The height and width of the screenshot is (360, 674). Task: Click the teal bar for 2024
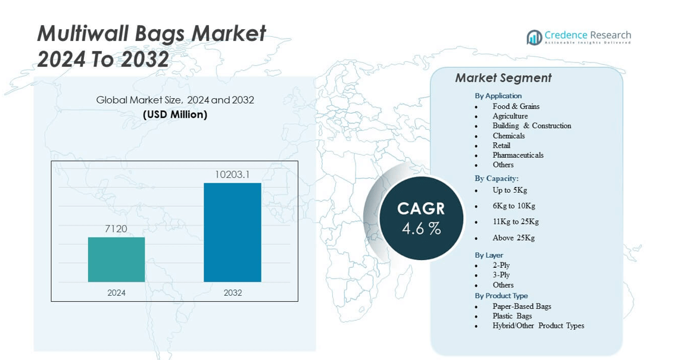[x=117, y=259]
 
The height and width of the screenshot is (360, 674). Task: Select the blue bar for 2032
[x=233, y=233]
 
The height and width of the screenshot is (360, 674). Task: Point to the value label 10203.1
[x=232, y=175]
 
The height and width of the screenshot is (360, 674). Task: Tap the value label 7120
[x=116, y=229]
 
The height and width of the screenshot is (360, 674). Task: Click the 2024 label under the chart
[x=117, y=293]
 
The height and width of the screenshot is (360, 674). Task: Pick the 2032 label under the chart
[x=233, y=293]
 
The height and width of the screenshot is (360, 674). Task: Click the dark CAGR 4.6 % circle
[x=422, y=218]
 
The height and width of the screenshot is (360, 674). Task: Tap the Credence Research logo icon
[x=534, y=37]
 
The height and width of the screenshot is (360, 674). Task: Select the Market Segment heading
[x=503, y=78]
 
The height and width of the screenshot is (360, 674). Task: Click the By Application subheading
[x=498, y=96]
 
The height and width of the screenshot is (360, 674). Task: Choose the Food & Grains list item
[x=516, y=106]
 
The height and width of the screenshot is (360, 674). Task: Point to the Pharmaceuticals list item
[x=518, y=155]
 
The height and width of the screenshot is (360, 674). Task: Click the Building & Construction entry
[x=532, y=126]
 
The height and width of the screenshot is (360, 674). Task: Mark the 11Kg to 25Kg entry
[x=516, y=222]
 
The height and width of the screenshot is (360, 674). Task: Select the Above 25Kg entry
[x=514, y=237]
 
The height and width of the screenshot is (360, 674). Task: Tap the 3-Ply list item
[x=501, y=275]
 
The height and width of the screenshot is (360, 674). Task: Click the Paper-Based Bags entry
[x=522, y=306]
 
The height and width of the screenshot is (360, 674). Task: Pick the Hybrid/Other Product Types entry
[x=538, y=325]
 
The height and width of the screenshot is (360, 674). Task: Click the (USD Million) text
[x=175, y=114]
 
